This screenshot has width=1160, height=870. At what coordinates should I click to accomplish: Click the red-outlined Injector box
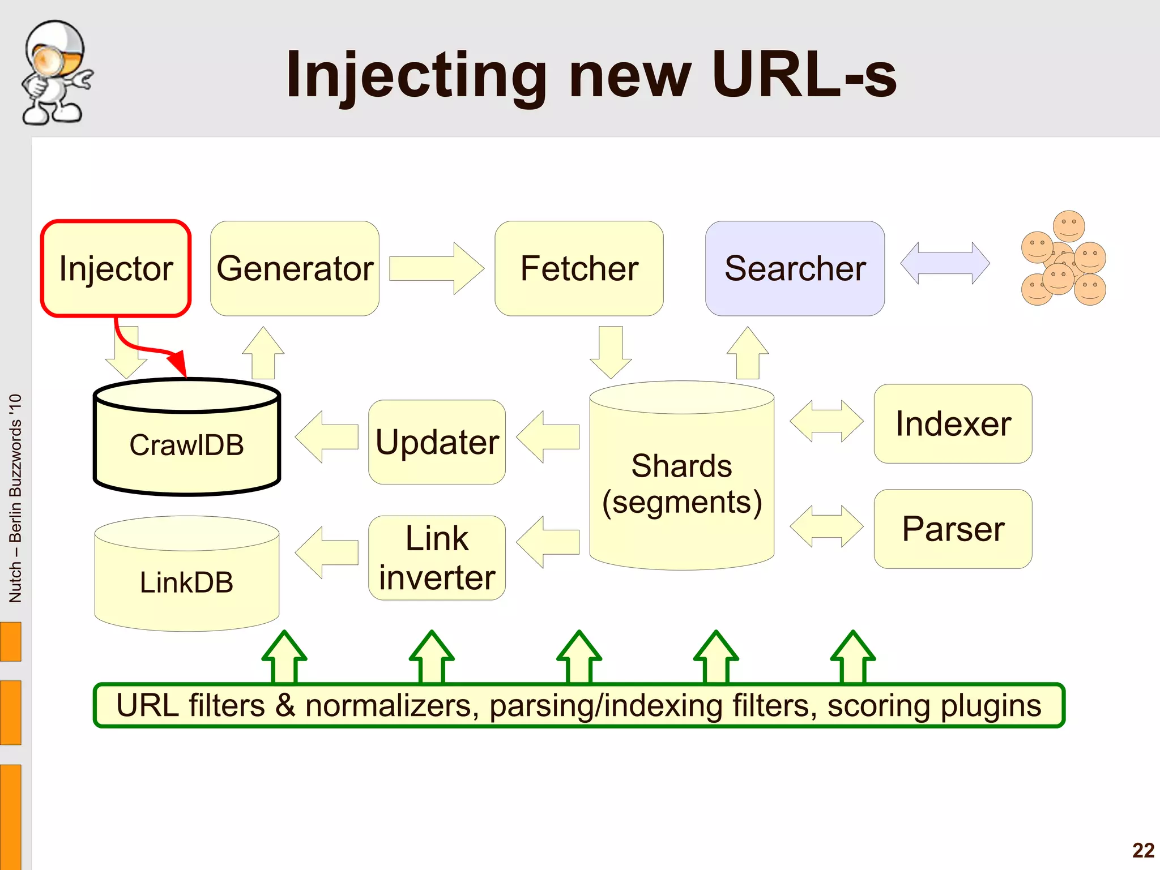(x=116, y=268)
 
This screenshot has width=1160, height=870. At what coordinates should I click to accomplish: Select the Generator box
(x=295, y=268)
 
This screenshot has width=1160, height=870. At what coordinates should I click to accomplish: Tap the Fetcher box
(x=579, y=268)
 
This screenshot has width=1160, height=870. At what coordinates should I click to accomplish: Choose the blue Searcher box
(x=795, y=268)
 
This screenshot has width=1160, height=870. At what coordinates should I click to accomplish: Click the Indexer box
(x=953, y=424)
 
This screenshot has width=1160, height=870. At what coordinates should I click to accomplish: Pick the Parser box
(x=953, y=529)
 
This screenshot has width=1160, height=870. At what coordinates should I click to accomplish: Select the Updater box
(x=437, y=442)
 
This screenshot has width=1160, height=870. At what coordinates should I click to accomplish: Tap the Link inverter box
(x=437, y=558)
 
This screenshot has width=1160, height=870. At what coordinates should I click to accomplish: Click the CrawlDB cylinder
(x=186, y=444)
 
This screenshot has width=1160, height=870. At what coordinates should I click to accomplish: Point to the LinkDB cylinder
(x=186, y=582)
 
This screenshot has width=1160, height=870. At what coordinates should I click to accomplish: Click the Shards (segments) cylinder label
(x=681, y=484)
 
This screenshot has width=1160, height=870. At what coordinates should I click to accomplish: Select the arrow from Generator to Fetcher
(x=436, y=268)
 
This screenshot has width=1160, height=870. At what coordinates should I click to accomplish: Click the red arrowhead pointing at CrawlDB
(x=179, y=363)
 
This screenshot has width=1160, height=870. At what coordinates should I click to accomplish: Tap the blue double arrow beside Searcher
(x=945, y=263)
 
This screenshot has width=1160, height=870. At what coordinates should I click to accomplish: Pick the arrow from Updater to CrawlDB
(x=326, y=437)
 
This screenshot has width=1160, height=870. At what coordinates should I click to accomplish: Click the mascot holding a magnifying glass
(x=55, y=72)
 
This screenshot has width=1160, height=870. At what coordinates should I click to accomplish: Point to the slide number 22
(x=1143, y=850)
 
